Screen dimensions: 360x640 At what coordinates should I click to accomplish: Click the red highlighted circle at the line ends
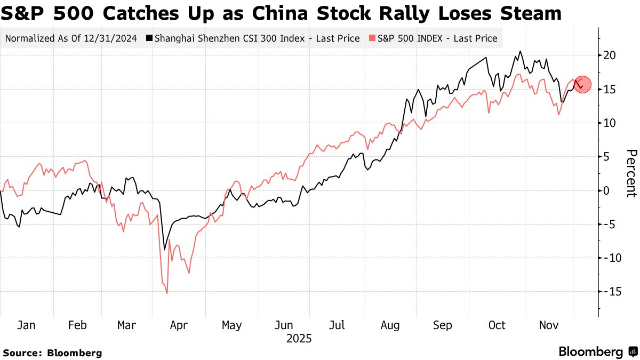[582, 84]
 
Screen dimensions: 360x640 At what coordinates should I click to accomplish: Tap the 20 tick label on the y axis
[611, 55]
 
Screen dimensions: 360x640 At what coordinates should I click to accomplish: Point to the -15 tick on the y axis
[609, 292]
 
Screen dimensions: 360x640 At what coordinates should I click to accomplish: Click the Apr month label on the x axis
[179, 325]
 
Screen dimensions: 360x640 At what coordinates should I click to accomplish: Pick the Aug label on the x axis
[390, 325]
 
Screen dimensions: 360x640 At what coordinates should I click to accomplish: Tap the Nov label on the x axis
[548, 325]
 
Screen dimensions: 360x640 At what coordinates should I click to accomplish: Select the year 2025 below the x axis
[299, 339]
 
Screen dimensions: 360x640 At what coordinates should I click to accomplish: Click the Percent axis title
[631, 173]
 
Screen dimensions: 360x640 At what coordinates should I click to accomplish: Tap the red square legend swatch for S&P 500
[372, 38]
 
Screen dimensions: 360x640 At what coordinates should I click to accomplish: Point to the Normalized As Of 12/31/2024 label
[71, 38]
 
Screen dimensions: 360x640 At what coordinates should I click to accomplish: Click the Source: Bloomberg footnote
[52, 353]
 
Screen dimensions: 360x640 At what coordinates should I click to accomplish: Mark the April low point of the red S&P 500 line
[167, 293]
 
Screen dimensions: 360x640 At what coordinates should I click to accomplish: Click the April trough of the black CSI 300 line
[165, 250]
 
